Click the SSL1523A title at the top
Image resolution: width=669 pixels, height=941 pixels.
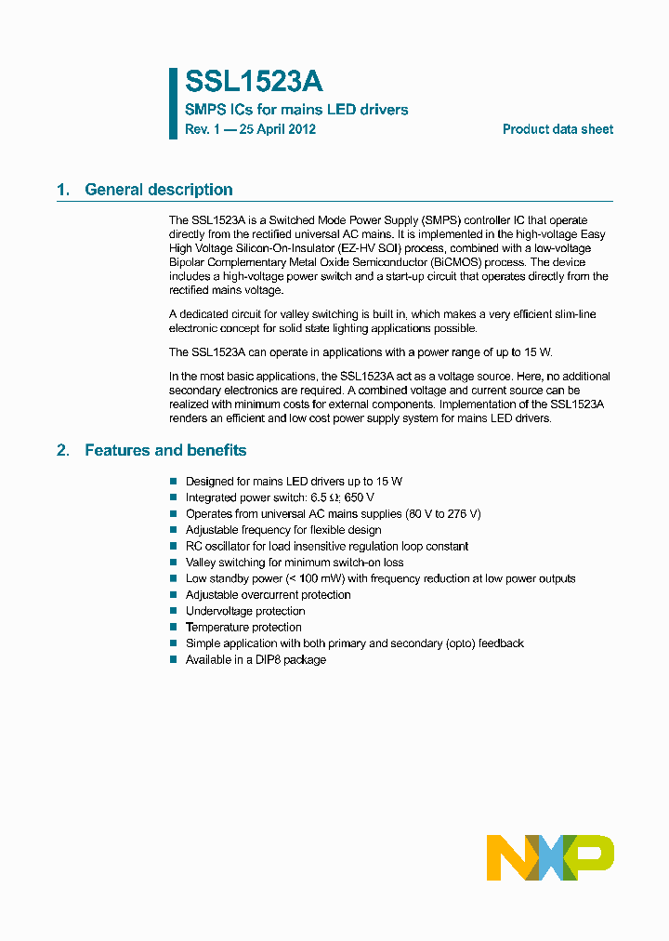pyautogui.click(x=254, y=82)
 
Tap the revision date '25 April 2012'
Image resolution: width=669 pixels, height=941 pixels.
pyautogui.click(x=277, y=129)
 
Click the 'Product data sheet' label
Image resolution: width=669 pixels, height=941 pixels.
pyautogui.click(x=557, y=129)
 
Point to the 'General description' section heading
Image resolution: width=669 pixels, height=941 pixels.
pyautogui.click(x=159, y=190)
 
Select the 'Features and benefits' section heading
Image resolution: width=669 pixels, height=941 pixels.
pyautogui.click(x=165, y=450)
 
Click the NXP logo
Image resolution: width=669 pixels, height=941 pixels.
pyautogui.click(x=550, y=857)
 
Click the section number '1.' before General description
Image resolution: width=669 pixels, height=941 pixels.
pyautogui.click(x=63, y=190)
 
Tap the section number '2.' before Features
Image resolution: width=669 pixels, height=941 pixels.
pyautogui.click(x=63, y=450)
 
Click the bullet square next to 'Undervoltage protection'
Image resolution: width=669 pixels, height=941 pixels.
pyautogui.click(x=173, y=611)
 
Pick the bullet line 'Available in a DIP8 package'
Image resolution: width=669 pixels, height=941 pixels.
pyautogui.click(x=256, y=659)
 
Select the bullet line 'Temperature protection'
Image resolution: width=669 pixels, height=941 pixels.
pyautogui.click(x=243, y=627)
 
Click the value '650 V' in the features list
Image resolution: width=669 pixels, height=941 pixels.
pyautogui.click(x=359, y=497)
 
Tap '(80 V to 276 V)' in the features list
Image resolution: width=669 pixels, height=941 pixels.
pyautogui.click(x=443, y=513)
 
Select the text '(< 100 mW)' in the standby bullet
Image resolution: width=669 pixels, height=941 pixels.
pyautogui.click(x=339, y=578)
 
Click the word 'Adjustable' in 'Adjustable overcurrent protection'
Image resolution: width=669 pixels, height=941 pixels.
pyautogui.click(x=212, y=594)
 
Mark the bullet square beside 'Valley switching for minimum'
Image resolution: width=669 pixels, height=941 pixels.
pyautogui.click(x=173, y=563)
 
